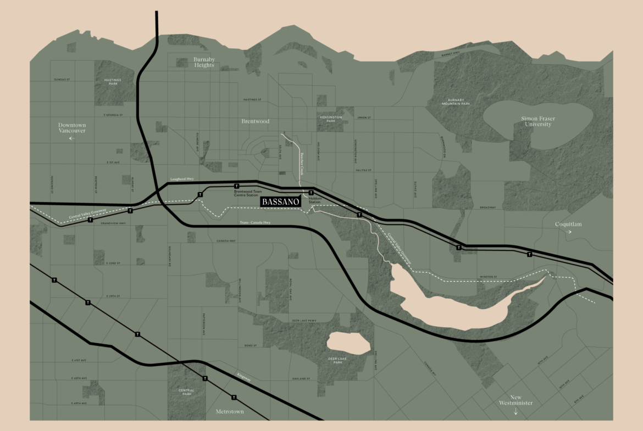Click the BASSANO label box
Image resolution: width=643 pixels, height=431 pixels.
click(x=281, y=201)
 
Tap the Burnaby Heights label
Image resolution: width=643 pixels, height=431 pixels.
click(x=204, y=61)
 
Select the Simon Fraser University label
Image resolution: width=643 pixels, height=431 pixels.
click(x=536, y=121)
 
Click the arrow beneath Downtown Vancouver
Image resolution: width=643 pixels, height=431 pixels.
click(x=71, y=138)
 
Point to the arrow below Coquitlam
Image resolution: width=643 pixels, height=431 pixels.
click(x=568, y=232)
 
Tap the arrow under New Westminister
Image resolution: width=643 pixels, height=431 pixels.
click(x=515, y=412)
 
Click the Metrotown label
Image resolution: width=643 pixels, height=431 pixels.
click(x=230, y=411)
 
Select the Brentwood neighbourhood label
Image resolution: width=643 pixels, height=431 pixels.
click(x=256, y=121)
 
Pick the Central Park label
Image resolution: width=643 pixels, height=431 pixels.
click(x=186, y=392)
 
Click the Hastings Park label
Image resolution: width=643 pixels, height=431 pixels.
click(x=112, y=81)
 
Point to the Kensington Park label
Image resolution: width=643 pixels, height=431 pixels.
click(x=331, y=119)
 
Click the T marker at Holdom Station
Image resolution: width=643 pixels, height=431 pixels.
click(x=311, y=193)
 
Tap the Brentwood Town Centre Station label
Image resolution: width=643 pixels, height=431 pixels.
click(x=246, y=193)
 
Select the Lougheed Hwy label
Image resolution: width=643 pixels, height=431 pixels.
click(x=182, y=180)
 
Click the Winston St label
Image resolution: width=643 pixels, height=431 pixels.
click(x=487, y=277)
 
